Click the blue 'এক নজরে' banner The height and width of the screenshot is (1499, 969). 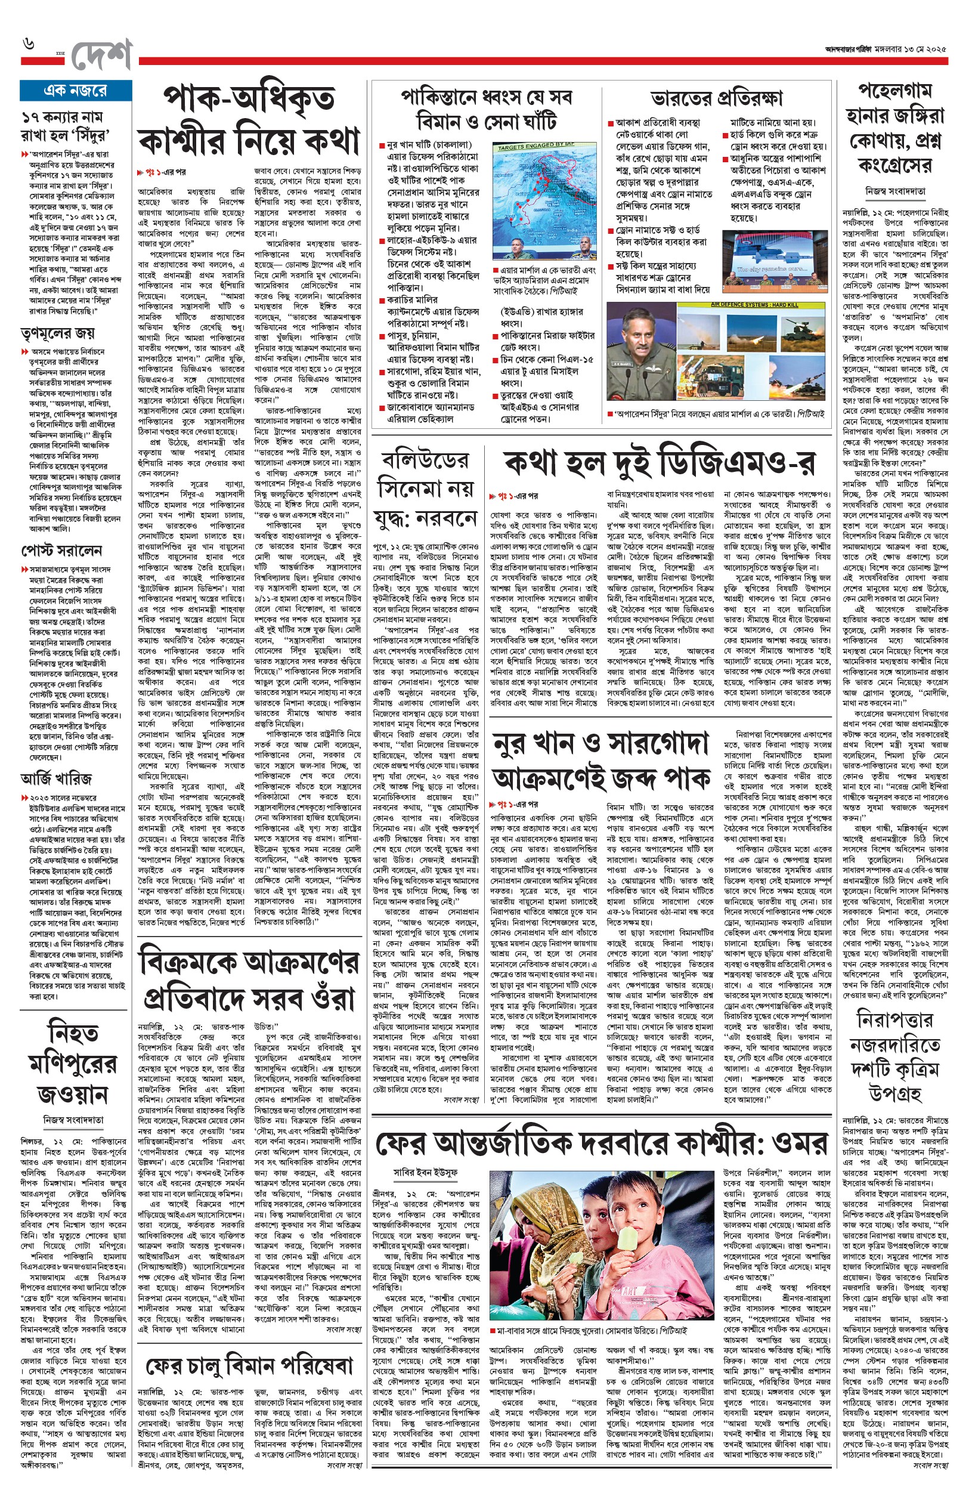coord(76,91)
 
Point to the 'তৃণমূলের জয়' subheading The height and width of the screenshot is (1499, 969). coord(57,332)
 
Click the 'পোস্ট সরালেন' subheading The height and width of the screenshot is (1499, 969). coord(61,551)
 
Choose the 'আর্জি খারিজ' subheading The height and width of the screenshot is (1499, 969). coord(57,778)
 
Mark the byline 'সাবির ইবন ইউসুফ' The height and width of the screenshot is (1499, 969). coord(425,1172)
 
